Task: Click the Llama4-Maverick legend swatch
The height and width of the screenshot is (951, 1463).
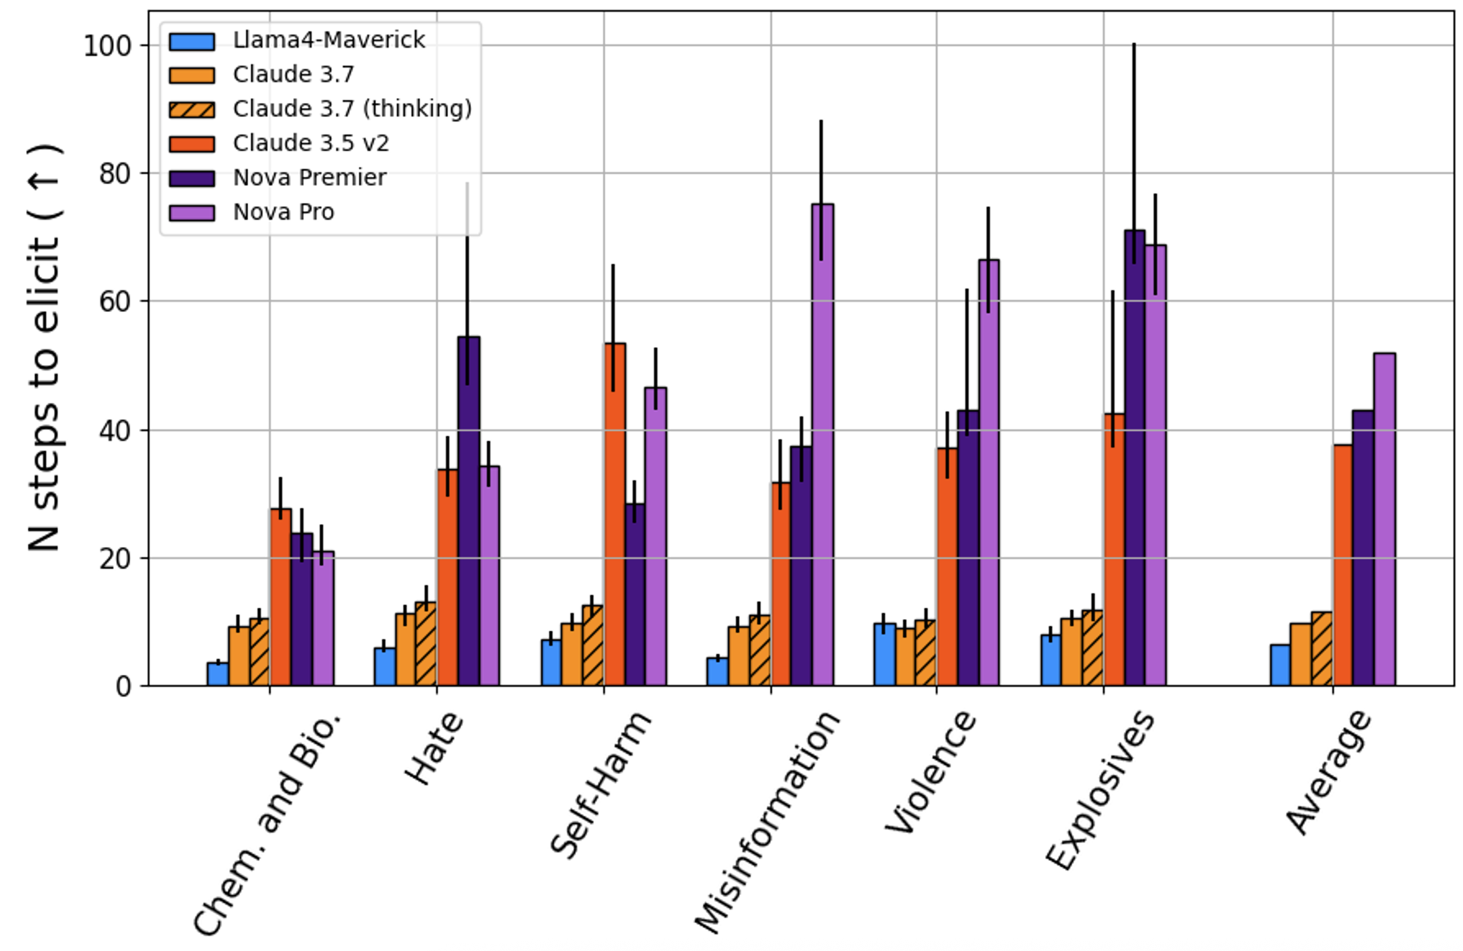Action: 192,41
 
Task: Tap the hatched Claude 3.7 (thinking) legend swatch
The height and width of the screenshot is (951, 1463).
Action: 192,110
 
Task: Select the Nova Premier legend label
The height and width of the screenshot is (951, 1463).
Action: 309,178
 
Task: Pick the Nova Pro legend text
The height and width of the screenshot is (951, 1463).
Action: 283,213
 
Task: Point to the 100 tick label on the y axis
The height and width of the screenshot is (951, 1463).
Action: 108,46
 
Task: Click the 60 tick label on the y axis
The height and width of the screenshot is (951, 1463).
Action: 115,302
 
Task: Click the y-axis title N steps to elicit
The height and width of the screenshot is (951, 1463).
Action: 44,347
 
